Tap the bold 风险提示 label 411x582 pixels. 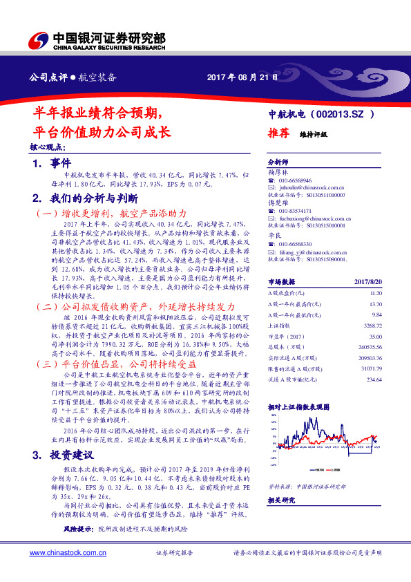click(x=79, y=529)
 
